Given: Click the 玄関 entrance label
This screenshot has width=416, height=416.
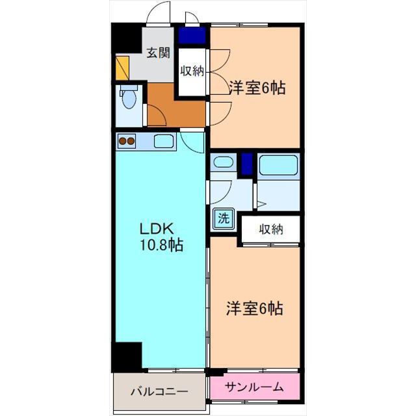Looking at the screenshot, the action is [x=159, y=53].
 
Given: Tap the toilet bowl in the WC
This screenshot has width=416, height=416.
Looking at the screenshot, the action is [x=129, y=97].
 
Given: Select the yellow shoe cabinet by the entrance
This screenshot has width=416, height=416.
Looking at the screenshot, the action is [x=122, y=68].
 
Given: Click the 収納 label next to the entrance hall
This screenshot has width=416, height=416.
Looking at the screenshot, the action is [x=192, y=71].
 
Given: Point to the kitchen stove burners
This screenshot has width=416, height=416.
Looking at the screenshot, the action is [x=127, y=141].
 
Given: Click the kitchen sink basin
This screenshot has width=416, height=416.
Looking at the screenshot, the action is [x=164, y=141].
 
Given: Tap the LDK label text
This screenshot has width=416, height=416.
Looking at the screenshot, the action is [x=157, y=228].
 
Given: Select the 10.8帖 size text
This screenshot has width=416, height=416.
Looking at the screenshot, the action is [x=161, y=245].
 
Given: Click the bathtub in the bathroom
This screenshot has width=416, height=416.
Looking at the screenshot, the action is [x=279, y=165].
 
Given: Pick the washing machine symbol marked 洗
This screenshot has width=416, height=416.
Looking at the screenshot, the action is [x=224, y=219].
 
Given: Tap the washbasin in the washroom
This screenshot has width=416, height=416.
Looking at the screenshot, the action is [x=224, y=162].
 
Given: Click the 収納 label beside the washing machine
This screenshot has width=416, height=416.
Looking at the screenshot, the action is [x=271, y=229].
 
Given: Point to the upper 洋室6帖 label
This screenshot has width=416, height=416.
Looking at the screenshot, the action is [x=257, y=88].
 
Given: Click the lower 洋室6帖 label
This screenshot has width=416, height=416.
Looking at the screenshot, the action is [x=254, y=309].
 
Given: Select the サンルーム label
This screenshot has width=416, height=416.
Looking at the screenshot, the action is [x=254, y=387].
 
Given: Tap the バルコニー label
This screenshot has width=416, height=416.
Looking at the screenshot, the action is [x=160, y=391].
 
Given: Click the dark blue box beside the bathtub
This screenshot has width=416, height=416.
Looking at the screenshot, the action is [x=247, y=164].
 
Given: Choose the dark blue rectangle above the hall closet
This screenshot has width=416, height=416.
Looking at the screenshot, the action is [x=192, y=36].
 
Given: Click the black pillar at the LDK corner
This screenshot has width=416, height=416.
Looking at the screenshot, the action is [x=127, y=357].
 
